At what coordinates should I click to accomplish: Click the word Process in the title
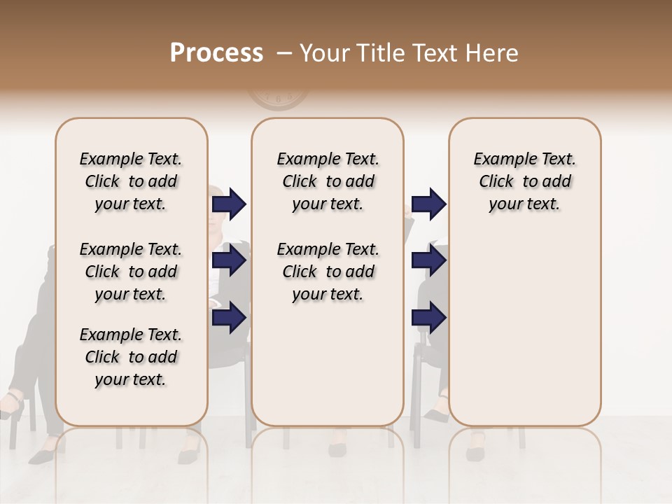[216, 53]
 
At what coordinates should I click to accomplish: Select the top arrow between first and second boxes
[229, 204]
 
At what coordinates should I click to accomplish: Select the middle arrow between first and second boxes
[229, 260]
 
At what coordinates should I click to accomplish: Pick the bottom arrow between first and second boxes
[229, 318]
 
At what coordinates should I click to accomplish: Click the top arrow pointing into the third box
[428, 204]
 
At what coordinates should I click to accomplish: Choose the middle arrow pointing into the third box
[428, 260]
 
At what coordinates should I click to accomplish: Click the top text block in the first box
[131, 181]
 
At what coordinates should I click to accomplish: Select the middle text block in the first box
[131, 272]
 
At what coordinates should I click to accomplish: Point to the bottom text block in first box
[131, 357]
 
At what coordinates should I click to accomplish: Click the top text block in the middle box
[328, 181]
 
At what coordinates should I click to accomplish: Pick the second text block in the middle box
[328, 272]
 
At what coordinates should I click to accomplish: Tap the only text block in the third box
[524, 181]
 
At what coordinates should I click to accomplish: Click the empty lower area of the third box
[524, 329]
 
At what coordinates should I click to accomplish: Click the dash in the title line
[283, 54]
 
